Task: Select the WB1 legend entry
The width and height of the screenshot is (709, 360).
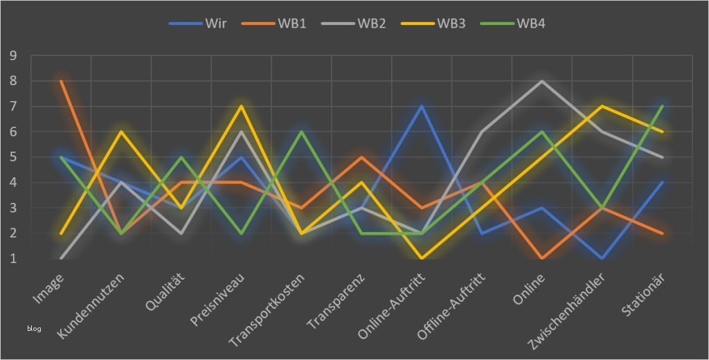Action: [274, 24]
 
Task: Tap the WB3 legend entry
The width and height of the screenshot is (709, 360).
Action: [432, 24]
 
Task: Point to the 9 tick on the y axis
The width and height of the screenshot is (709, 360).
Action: [13, 55]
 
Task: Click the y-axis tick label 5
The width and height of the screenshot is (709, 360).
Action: [13, 157]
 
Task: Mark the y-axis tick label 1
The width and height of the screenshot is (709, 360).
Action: [13, 258]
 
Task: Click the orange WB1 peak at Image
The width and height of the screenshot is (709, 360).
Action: [62, 81]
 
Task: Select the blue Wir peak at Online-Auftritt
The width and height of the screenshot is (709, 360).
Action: [422, 107]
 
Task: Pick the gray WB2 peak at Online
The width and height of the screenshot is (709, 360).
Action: [541, 81]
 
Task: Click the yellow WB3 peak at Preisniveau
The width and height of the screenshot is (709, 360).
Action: [242, 107]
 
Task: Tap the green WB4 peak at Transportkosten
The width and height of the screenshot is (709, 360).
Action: [301, 132]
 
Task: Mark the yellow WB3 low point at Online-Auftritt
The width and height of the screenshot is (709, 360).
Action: [422, 258]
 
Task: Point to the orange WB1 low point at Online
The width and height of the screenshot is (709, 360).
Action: [541, 258]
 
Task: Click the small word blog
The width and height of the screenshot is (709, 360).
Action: [34, 328]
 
